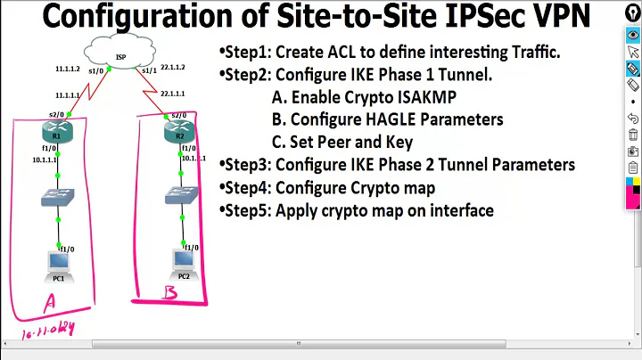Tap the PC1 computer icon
[60, 265]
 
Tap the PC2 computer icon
[183, 260]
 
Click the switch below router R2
[181, 195]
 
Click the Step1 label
[245, 53]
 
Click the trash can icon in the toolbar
[632, 135]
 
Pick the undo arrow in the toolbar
[632, 119]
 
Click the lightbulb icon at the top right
[632, 12]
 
